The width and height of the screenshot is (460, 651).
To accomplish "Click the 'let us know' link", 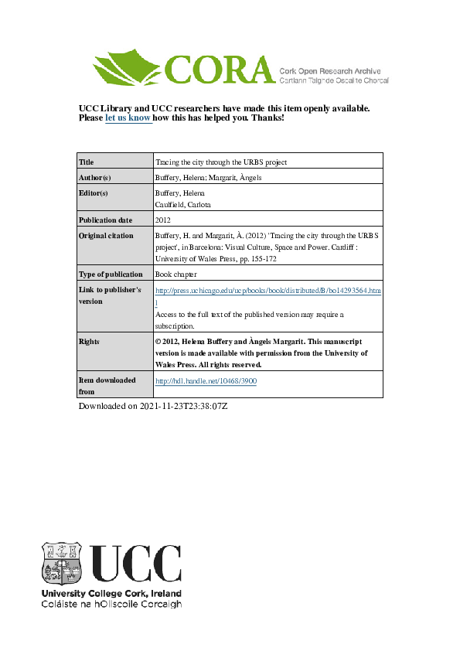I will (x=128, y=118).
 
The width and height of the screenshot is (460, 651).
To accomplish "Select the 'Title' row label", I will (x=87, y=162).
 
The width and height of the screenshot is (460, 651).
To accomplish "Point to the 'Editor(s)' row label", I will (x=94, y=193).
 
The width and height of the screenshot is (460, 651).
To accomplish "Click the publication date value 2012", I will (x=164, y=220).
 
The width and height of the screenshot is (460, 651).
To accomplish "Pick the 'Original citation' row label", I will (x=107, y=236).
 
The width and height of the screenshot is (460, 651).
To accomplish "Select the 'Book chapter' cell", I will (x=176, y=274).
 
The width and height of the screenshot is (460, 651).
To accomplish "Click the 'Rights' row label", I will (x=90, y=341).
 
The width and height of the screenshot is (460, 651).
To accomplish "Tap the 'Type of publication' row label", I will (x=111, y=274).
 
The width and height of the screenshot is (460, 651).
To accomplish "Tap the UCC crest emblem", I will (x=62, y=564).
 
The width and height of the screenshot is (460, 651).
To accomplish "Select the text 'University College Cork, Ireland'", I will (x=111, y=594).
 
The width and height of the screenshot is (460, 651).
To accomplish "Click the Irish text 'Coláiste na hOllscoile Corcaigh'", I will (x=111, y=605).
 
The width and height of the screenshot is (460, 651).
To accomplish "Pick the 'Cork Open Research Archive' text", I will (x=333, y=70).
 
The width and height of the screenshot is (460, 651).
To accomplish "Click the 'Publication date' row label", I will (x=105, y=220).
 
